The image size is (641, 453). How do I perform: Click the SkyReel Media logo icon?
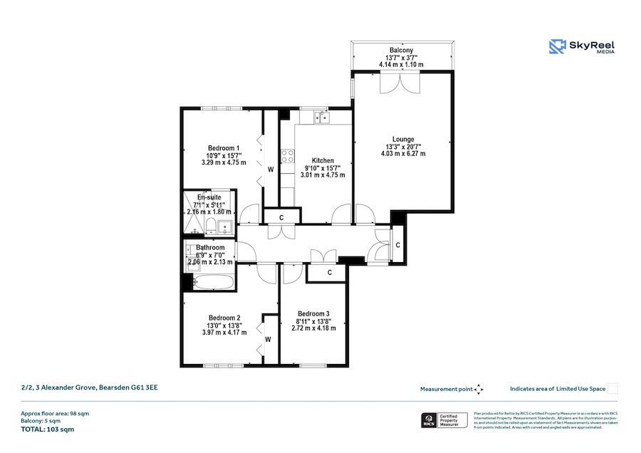557,46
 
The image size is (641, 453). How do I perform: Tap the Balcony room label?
401,51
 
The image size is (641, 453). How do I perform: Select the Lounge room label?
402,140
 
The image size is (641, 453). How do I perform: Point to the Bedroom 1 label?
223,148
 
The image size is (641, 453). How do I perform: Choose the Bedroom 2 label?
224,318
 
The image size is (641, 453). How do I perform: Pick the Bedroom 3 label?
313,314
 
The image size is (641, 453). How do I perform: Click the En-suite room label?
209,197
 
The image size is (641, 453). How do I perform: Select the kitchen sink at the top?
321,117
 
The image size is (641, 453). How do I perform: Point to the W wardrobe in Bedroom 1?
271,170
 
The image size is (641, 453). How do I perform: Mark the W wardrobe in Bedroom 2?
269,340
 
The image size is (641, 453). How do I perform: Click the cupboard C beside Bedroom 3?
329,273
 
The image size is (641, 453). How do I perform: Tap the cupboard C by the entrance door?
397,245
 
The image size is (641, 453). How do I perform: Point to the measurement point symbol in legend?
479,389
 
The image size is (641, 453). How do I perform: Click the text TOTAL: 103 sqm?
48,429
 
